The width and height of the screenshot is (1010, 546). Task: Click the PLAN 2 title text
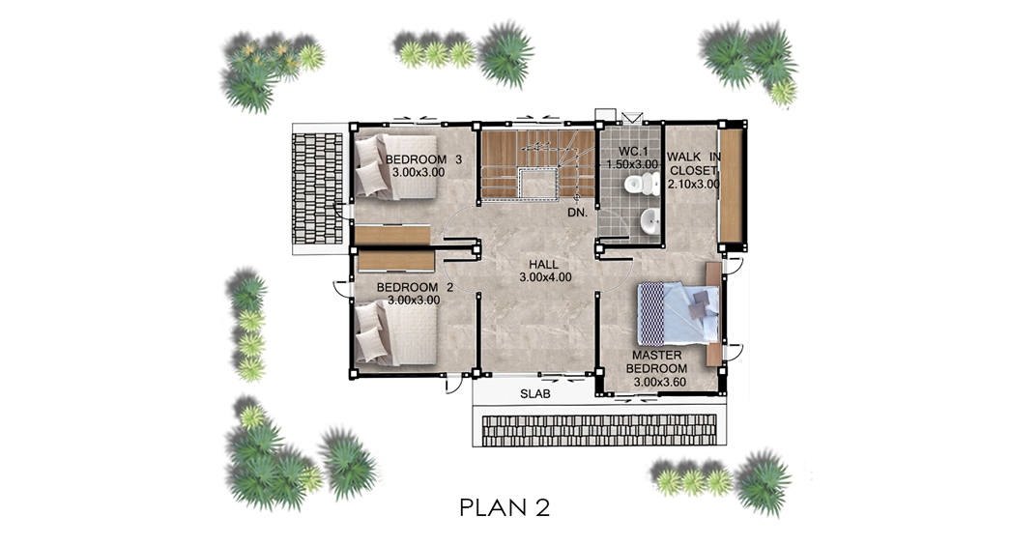click(505, 507)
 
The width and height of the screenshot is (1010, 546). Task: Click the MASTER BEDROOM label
click(656, 361)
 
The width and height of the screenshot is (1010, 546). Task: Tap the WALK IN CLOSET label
click(694, 163)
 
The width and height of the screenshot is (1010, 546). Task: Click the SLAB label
click(535, 394)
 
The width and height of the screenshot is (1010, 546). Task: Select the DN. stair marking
click(577, 212)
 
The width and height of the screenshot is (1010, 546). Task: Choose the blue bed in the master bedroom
click(678, 313)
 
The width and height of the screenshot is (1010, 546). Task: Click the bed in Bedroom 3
click(395, 165)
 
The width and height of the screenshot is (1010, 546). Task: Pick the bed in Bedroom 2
click(395, 333)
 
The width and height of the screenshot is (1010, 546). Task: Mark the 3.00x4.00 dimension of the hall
click(545, 277)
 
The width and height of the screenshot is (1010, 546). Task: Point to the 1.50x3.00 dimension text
click(632, 164)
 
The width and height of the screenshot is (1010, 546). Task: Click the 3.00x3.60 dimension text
click(659, 382)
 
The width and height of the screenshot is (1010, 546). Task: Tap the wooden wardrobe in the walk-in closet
click(731, 186)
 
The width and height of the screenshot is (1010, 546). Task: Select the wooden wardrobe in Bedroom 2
click(395, 262)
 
